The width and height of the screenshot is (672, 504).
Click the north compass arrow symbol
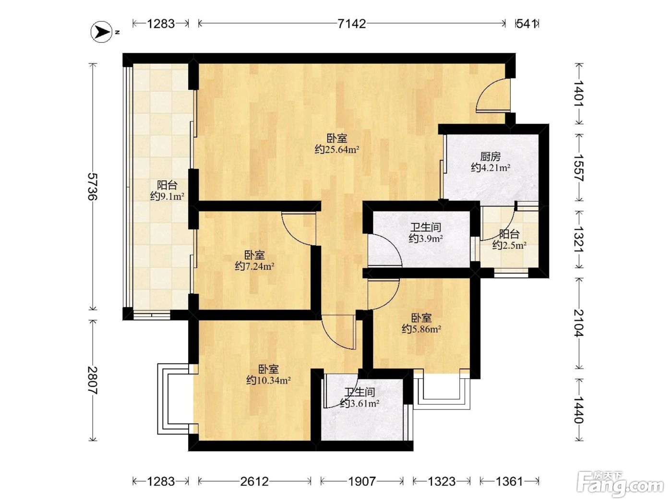(102, 32)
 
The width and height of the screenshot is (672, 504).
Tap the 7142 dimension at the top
(352, 24)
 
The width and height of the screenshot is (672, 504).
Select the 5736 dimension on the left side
(93, 186)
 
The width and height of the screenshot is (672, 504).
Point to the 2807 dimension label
(93, 380)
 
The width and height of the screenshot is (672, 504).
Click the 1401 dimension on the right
(578, 93)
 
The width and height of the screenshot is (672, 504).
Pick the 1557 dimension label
(578, 168)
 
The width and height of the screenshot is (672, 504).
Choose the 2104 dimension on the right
(578, 323)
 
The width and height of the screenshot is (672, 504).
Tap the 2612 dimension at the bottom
(254, 481)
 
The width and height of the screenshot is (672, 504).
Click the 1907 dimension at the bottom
(362, 481)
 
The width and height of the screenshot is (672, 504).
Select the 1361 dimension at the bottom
(509, 481)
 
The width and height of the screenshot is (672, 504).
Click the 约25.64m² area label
(337, 150)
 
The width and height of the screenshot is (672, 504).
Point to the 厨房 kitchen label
(490, 156)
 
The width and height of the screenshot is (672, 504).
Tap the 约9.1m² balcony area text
(167, 196)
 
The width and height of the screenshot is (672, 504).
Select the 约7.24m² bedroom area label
(254, 266)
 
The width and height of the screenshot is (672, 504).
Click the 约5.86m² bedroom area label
(421, 329)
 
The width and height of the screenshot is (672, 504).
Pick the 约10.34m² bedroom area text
(268, 380)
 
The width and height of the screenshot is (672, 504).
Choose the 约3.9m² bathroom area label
(426, 239)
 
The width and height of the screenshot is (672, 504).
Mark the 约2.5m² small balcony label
(509, 245)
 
